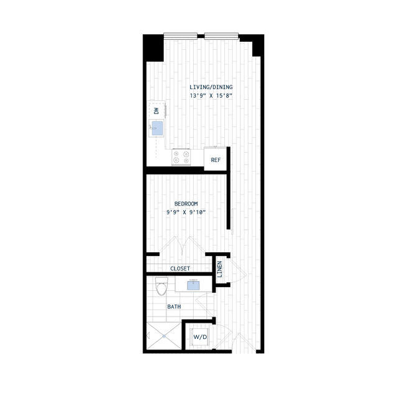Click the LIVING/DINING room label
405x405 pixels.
[211, 87]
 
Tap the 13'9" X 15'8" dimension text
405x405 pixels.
[211, 96]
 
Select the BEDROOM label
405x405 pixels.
[186, 204]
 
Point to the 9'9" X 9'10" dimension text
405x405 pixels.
[186, 212]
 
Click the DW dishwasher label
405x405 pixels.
[156, 111]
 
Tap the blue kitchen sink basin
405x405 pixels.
[157, 128]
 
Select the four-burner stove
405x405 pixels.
[181, 157]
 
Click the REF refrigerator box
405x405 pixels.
[216, 159]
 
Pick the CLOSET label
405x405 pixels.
[180, 269]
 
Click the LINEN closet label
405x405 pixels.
[219, 269]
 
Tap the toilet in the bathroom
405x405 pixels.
[162, 286]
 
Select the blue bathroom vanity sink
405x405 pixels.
[193, 285]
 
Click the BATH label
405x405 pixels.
[174, 307]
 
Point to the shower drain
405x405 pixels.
[164, 336]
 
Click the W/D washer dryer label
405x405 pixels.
[200, 337]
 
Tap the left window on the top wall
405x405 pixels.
[180, 36]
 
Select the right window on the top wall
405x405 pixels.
[221, 36]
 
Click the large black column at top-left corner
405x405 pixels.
[153, 48]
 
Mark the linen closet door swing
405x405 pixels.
[237, 270]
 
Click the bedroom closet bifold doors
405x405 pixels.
[182, 245]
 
